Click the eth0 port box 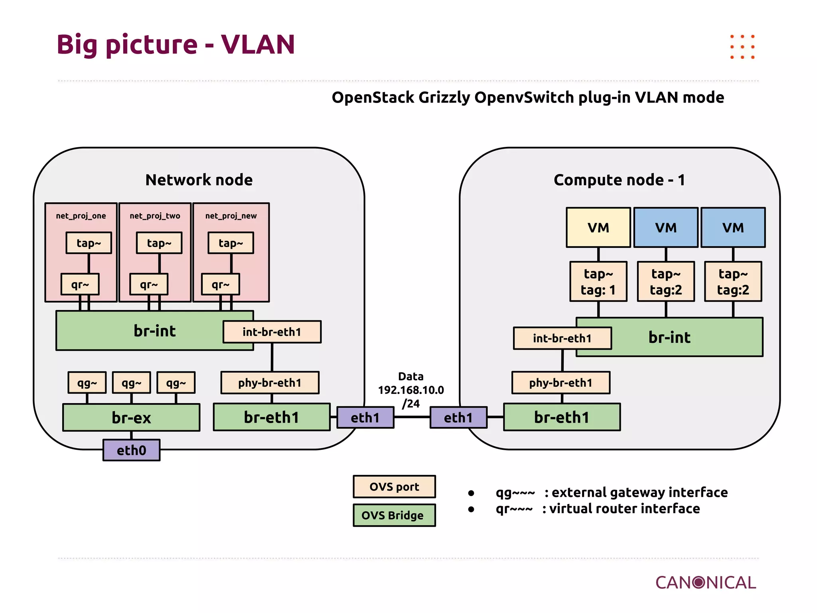tap(131, 450)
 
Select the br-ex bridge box tap(131, 417)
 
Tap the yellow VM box tap(598, 227)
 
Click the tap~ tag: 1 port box tap(598, 281)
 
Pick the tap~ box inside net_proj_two tap(159, 243)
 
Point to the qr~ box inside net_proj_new tap(220, 284)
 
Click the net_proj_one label tap(81, 216)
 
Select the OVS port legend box tap(394, 486)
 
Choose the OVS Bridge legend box tap(394, 515)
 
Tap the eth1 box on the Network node tap(365, 417)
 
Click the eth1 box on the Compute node tap(458, 417)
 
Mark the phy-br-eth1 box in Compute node tap(560, 383)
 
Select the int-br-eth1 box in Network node tap(272, 332)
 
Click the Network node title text tap(199, 180)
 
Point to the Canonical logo tap(705, 583)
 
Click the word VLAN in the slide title tap(258, 44)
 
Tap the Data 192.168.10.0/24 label tap(411, 390)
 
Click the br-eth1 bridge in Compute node tap(562, 417)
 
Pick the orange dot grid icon tap(742, 47)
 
